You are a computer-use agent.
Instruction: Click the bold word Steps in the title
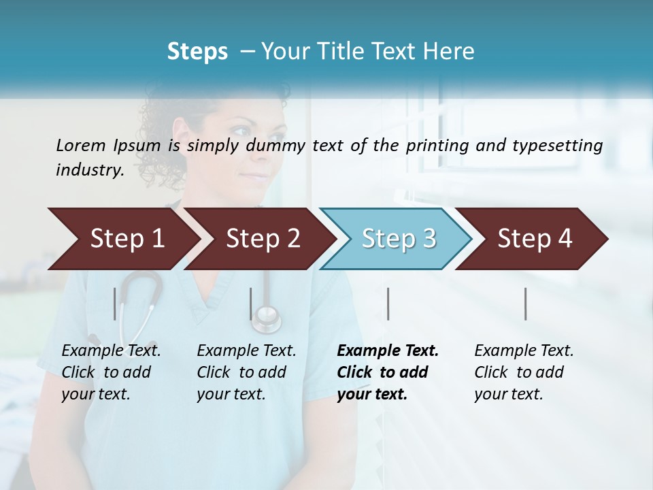coord(197,52)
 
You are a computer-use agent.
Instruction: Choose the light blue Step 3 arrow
coord(399,239)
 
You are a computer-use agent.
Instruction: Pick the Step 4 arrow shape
coord(535,239)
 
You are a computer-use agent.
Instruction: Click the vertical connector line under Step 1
coord(115,304)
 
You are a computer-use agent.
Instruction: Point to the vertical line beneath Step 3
coord(388,304)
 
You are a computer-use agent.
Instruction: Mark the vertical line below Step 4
coord(526,304)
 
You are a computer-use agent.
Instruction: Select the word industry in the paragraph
coord(88,170)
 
